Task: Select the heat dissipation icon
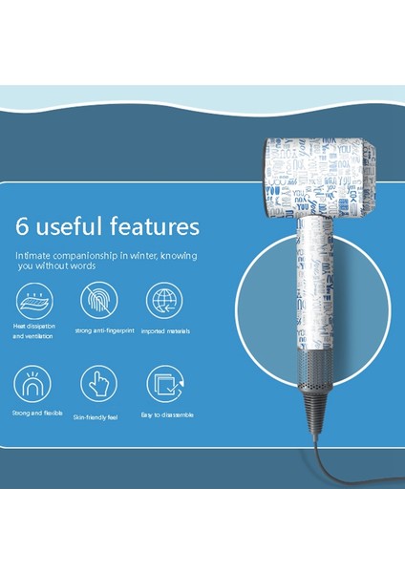coord(34,302)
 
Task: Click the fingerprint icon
coord(97,302)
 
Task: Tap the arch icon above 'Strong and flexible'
coord(34,385)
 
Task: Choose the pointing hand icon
coord(97,385)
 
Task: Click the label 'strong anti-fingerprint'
coord(97,331)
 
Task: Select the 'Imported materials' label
coord(164,331)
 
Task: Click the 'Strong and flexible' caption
coord(37,414)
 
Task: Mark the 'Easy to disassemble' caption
coord(167,414)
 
